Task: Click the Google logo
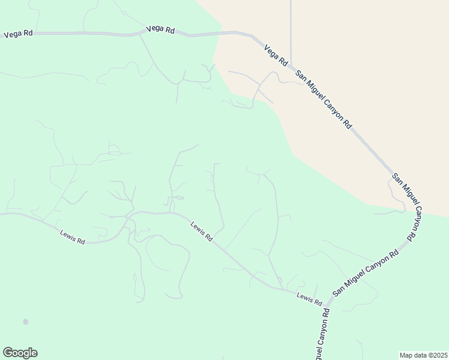(x=20, y=353)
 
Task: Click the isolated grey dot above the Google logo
(x=25, y=322)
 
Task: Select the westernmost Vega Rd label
(x=18, y=34)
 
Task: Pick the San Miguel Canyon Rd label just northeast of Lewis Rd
(x=366, y=274)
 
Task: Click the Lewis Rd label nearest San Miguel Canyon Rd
(x=309, y=298)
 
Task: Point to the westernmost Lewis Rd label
(x=73, y=237)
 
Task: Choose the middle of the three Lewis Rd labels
(x=202, y=232)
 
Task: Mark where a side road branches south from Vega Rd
(x=139, y=35)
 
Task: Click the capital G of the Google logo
(x=8, y=353)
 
